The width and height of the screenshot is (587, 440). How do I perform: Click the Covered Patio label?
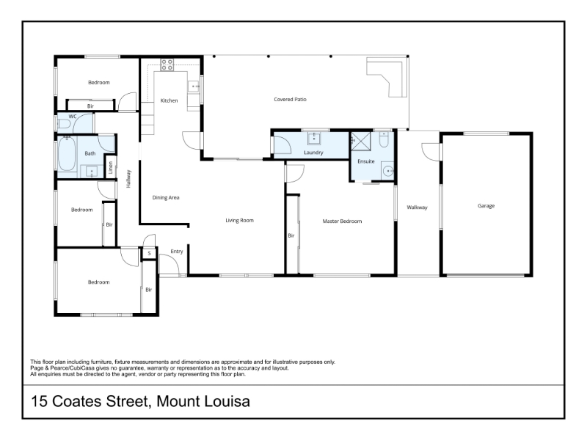coord(290,100)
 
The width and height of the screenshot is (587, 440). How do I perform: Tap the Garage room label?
coord(486,206)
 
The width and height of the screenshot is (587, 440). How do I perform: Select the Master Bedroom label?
coord(342,221)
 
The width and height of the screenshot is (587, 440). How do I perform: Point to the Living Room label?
coord(240,221)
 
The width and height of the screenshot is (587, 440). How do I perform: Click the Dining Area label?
coord(166,197)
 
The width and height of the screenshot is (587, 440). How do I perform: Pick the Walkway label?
coord(417,208)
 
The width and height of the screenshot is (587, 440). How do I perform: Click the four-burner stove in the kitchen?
coord(167,65)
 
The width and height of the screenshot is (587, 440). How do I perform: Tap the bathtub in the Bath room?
coord(67,154)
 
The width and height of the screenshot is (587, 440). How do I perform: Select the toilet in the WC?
coord(64,124)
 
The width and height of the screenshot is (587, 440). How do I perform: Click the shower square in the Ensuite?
coord(360,141)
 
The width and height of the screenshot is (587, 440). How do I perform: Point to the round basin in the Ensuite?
coord(388,172)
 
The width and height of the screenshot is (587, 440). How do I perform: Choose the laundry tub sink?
coord(314,138)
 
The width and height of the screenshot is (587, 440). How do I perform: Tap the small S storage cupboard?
coord(149,253)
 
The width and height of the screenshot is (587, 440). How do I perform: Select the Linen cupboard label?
coord(111,168)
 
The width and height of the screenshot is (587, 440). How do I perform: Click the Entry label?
coord(177,252)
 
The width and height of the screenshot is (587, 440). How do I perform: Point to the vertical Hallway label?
coord(128,179)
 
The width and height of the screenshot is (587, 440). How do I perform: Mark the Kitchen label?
coord(169,100)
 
